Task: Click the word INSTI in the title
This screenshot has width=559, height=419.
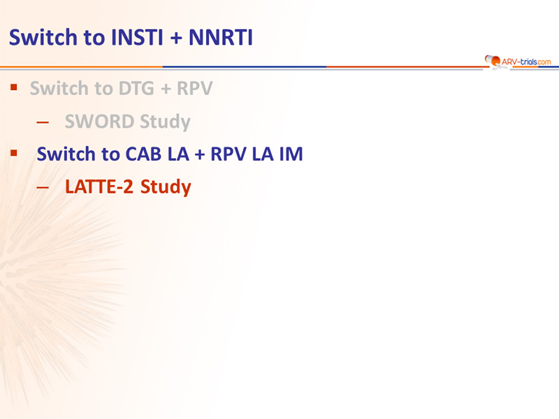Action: [137, 38]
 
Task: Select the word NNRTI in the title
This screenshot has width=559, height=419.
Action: [221, 38]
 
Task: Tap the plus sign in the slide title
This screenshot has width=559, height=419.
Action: [176, 38]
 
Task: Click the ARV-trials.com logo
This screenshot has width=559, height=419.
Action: [518, 61]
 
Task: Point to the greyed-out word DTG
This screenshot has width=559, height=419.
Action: [136, 89]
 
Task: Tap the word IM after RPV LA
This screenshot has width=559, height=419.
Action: [291, 154]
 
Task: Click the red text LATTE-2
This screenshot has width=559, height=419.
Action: [99, 186]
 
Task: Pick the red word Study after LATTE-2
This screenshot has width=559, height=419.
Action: [166, 187]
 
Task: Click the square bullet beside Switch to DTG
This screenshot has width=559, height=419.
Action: [14, 87]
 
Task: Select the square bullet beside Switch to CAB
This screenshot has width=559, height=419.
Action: [14, 153]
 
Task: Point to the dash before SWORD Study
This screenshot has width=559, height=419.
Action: [43, 122]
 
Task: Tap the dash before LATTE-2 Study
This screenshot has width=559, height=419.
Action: [43, 187]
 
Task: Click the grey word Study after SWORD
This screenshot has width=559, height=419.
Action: [165, 122]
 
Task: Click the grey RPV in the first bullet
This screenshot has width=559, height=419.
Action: [195, 89]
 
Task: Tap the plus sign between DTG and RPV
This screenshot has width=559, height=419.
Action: [166, 89]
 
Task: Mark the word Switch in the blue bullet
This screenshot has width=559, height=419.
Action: [66, 154]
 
